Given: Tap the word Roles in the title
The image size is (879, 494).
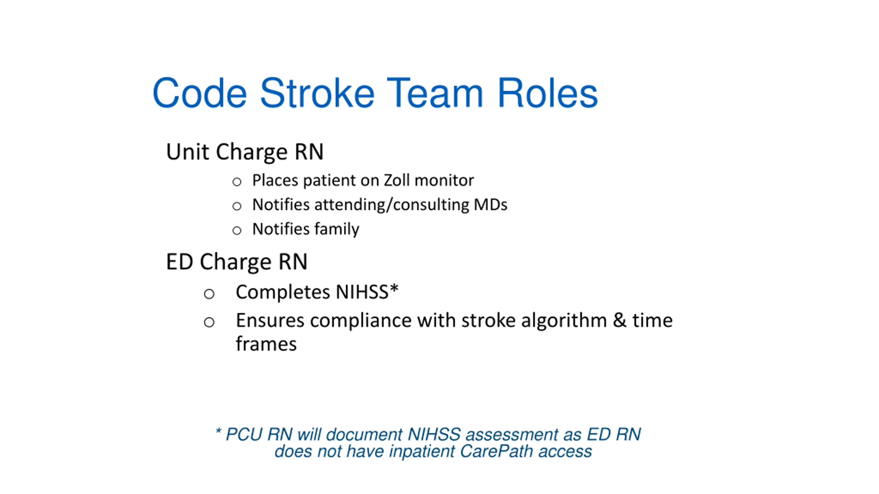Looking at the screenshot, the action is (x=548, y=93).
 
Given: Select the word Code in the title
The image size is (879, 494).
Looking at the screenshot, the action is (x=200, y=93).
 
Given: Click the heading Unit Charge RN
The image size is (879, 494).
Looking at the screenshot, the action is (x=245, y=152).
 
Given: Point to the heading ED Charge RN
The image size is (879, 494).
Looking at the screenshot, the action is (x=237, y=262).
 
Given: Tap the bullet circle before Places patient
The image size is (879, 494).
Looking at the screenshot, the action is (x=237, y=182).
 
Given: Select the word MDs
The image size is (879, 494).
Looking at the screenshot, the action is (x=490, y=205).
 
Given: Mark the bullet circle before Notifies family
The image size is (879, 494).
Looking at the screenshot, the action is (x=237, y=231).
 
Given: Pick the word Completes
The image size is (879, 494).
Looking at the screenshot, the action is (x=283, y=292).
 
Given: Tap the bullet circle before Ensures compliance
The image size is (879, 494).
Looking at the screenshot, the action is (x=209, y=322).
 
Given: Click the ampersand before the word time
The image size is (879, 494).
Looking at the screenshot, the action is (x=620, y=321).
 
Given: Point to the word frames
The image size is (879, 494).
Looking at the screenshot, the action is (x=266, y=344).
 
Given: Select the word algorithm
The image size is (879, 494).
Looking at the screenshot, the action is (x=564, y=321).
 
